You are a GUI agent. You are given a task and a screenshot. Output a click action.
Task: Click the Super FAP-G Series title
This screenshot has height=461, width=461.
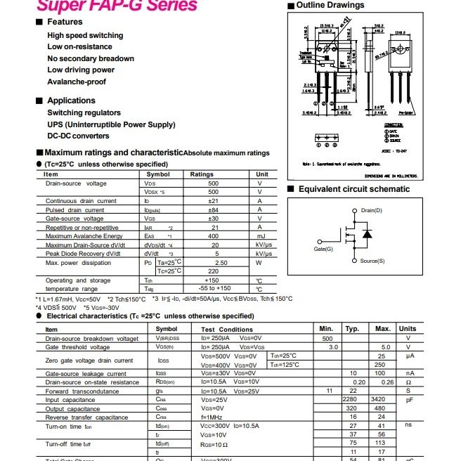[x=117, y=6]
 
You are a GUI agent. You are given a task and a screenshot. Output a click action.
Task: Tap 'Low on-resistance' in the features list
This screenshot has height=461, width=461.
[x=79, y=47]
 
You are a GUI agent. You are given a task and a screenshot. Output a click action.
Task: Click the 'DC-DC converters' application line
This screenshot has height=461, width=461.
[x=79, y=136]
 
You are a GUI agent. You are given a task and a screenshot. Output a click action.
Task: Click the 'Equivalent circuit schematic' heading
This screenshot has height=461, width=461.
[x=353, y=189]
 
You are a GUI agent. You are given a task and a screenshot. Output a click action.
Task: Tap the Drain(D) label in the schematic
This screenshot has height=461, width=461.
[x=371, y=211]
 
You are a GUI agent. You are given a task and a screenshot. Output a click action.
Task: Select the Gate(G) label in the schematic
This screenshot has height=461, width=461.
[x=324, y=249]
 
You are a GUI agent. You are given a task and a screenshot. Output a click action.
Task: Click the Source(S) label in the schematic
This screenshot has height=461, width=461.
[x=372, y=261]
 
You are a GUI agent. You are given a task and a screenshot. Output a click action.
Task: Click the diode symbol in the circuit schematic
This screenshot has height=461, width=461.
[x=366, y=233]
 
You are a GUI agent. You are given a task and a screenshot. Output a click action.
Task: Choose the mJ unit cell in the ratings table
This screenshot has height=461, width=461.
[x=259, y=236]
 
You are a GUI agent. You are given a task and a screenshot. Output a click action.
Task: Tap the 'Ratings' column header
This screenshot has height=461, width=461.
[x=202, y=174]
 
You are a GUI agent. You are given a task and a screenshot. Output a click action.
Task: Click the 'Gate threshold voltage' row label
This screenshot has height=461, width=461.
[x=77, y=347]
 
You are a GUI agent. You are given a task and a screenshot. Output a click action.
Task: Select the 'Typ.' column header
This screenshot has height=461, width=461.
[x=352, y=329]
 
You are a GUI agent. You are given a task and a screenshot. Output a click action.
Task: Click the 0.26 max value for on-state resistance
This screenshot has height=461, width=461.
[x=383, y=382]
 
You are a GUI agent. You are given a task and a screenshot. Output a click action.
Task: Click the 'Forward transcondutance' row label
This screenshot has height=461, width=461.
[x=82, y=391]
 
